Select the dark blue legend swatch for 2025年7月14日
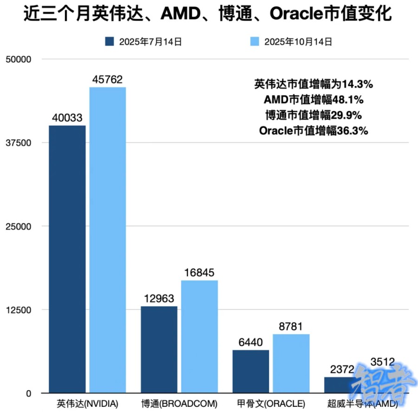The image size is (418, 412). (x=110, y=42)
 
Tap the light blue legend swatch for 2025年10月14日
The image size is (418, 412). (x=255, y=42)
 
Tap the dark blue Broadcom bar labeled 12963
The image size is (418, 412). (x=159, y=349)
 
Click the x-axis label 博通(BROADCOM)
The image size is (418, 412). (x=179, y=402)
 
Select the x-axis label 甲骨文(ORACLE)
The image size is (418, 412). (x=271, y=402)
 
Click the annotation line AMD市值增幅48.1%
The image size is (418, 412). (x=313, y=100)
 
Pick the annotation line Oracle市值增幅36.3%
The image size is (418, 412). (x=313, y=131)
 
